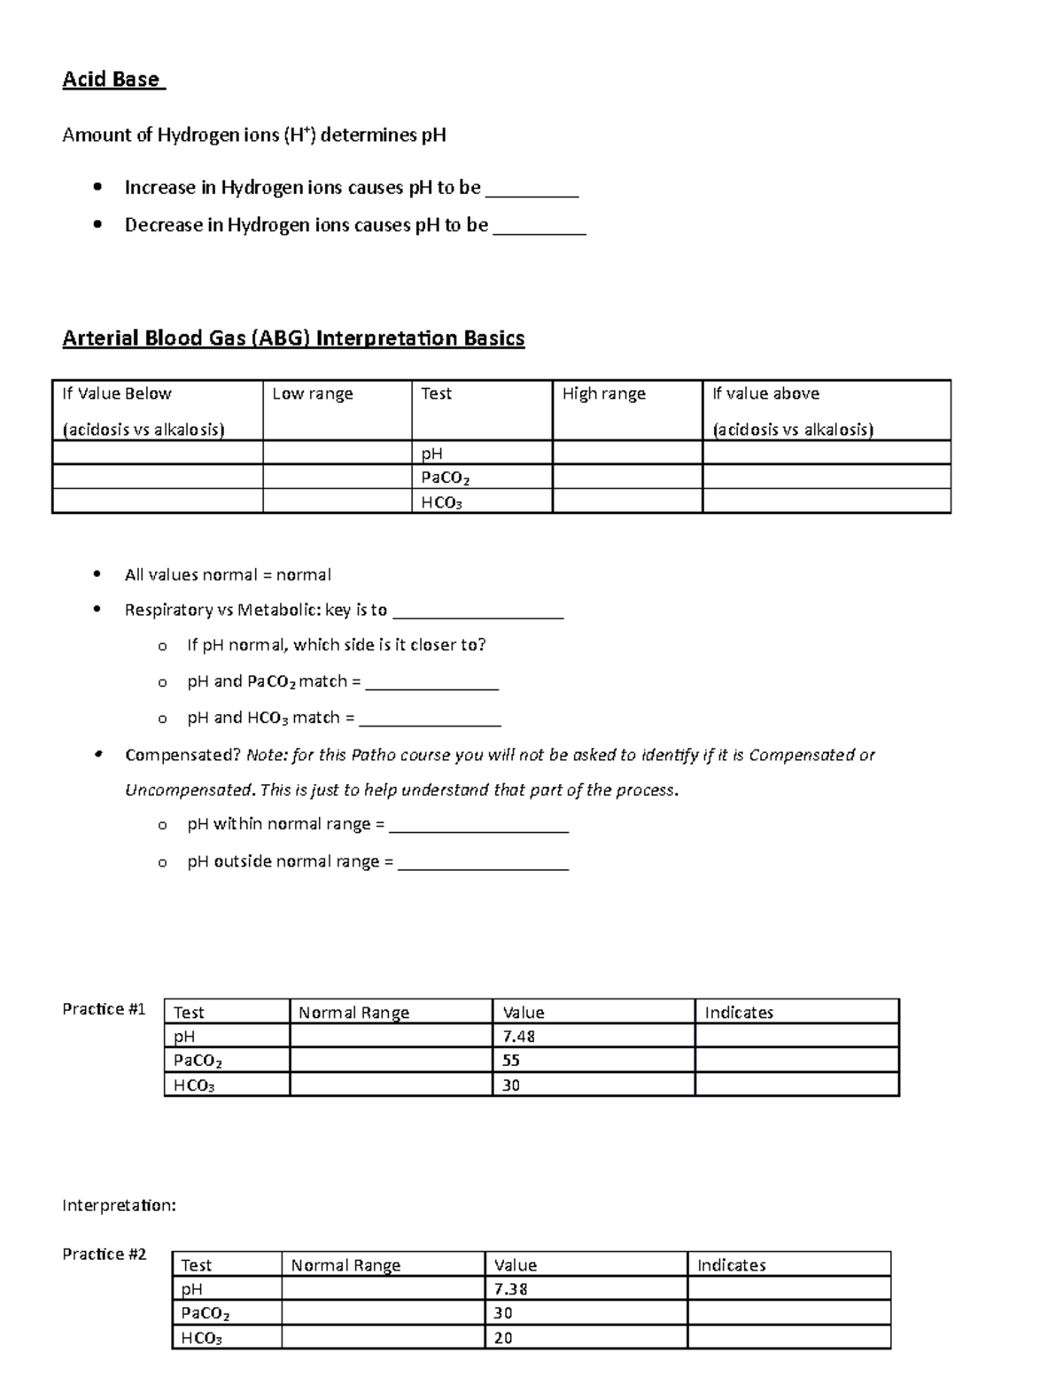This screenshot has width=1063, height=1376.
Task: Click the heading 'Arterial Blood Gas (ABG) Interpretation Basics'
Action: (293, 338)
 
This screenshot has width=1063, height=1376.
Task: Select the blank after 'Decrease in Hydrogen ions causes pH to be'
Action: (539, 226)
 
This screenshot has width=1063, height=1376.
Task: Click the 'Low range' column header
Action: (312, 394)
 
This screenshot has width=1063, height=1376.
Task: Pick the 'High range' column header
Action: (603, 394)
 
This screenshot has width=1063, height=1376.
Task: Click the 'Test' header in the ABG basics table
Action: (436, 394)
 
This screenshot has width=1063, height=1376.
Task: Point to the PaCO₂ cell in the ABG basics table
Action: (445, 478)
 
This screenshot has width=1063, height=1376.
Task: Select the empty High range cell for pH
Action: (626, 454)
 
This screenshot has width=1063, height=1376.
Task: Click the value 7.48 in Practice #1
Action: (518, 1037)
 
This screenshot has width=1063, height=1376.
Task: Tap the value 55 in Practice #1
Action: (511, 1061)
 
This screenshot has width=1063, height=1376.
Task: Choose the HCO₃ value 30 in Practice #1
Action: (511, 1085)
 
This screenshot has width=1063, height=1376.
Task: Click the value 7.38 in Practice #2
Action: (511, 1289)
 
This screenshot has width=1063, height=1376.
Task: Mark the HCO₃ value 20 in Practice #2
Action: (503, 1338)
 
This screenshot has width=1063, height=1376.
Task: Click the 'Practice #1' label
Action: (104, 1009)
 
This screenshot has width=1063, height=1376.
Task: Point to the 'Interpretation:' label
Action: (119, 1206)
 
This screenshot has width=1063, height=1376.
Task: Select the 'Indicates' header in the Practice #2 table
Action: (731, 1265)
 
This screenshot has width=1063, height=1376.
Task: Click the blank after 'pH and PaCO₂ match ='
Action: (431, 683)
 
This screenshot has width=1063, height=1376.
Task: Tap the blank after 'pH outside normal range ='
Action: (483, 863)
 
